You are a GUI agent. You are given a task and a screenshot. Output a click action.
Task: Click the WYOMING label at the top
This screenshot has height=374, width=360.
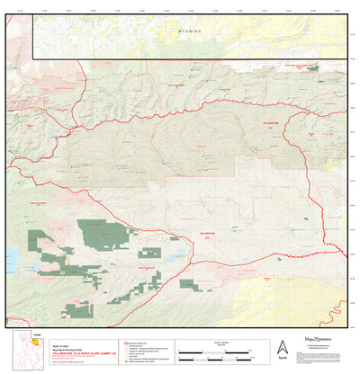pyautogui.click(x=184, y=31)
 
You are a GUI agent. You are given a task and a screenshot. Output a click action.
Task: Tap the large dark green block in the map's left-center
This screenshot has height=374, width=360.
pyautogui.click(x=102, y=235)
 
